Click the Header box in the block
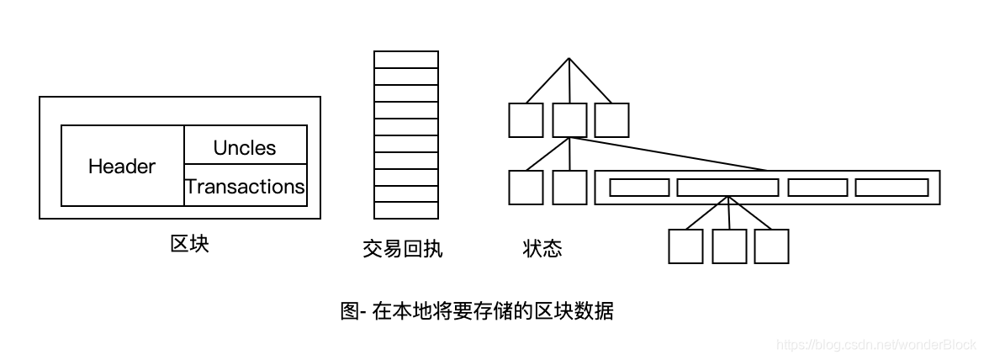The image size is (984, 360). pos(122,166)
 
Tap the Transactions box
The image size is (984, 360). pos(245,185)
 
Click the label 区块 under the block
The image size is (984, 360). pos(189,244)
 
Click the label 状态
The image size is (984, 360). pos(542,249)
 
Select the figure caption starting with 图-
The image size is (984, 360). pos(477,310)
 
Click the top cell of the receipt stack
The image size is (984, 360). pos(406,59)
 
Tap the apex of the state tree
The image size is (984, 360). pos(569,59)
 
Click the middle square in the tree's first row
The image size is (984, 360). pos(570,119)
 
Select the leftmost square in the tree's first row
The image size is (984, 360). pos(526,119)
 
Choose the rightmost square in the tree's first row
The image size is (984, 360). pos(611,119)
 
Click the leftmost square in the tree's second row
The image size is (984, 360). pos(526,187)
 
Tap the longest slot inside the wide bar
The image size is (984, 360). pos(727,188)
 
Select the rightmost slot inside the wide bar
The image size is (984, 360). pos(891,188)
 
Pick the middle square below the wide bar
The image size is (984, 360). pos(729,246)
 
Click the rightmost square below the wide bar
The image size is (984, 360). pos(771,246)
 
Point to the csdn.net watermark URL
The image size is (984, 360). pos(876,345)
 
